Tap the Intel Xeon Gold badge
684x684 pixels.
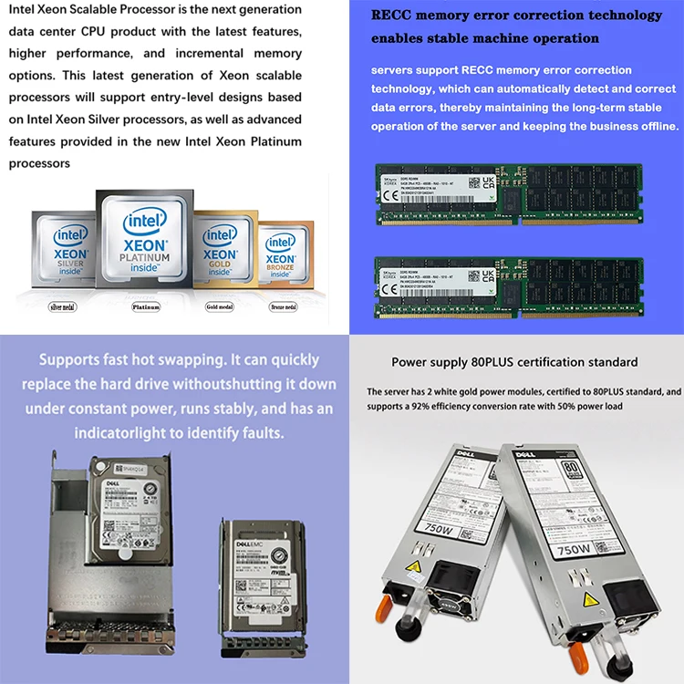click(x=221, y=249)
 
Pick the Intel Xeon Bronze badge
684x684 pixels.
click(x=280, y=255)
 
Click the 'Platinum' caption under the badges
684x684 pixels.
click(x=146, y=307)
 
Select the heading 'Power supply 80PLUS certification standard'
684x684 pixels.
click(x=514, y=362)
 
